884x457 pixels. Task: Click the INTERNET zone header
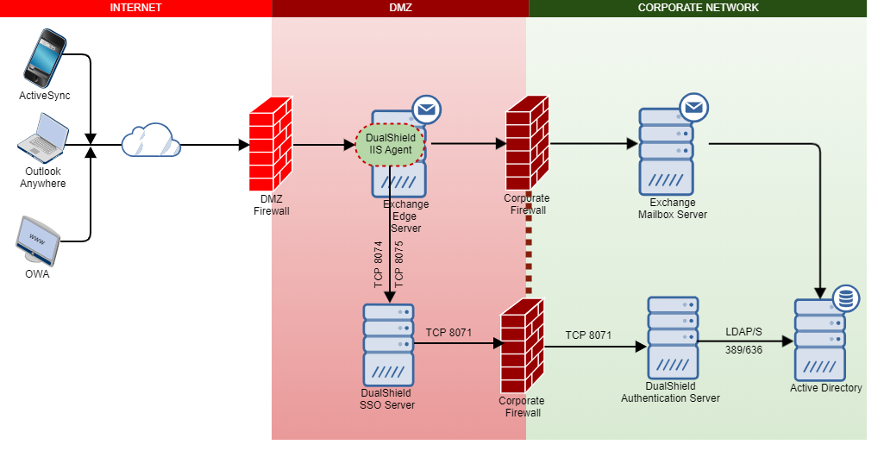click(x=135, y=8)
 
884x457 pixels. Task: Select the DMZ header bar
click(x=400, y=8)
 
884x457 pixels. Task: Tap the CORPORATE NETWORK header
click(x=698, y=8)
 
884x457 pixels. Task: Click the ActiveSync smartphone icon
click(x=45, y=58)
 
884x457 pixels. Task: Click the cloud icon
click(x=150, y=141)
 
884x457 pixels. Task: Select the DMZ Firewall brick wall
click(x=271, y=139)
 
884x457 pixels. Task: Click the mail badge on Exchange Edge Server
click(x=426, y=110)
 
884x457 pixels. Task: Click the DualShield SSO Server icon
click(x=388, y=345)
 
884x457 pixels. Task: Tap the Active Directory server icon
click(x=820, y=340)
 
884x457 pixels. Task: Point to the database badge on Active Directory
click(x=845, y=299)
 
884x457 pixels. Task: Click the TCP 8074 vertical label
click(x=378, y=264)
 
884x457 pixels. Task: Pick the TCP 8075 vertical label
click(x=399, y=264)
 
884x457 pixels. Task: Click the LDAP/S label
click(x=743, y=332)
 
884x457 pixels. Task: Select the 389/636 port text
click(x=743, y=350)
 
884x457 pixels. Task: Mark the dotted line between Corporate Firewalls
click(x=529, y=250)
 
